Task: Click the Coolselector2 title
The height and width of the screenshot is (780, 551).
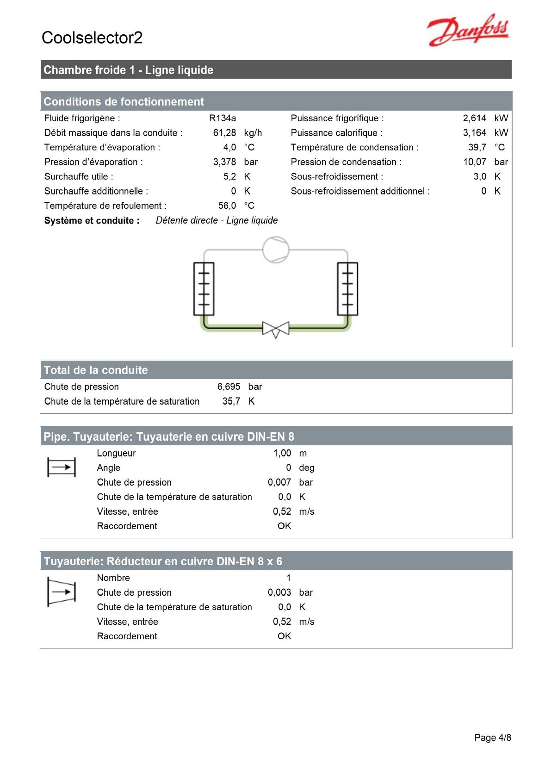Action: click(92, 37)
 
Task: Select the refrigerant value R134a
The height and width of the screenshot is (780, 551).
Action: click(222, 118)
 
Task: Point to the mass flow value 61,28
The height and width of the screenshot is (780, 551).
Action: click(224, 133)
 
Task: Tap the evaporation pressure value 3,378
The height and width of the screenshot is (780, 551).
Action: click(224, 162)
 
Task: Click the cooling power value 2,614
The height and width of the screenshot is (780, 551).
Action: click(474, 118)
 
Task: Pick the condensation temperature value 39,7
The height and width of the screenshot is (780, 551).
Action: click(477, 147)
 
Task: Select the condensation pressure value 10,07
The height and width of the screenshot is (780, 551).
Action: click(475, 162)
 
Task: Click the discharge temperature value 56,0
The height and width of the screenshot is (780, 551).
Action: click(227, 206)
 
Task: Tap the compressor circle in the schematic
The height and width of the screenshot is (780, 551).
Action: click(276, 250)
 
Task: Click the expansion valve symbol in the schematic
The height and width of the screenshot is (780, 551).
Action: click(276, 329)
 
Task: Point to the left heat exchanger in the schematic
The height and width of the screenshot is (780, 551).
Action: click(204, 289)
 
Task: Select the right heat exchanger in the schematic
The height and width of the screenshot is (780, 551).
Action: click(347, 289)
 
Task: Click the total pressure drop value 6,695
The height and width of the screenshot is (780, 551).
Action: click(229, 387)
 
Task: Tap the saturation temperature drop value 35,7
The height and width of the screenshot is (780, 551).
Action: click(231, 401)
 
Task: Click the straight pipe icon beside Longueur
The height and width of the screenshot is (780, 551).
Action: click(62, 467)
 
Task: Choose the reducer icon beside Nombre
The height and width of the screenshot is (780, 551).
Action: click(62, 592)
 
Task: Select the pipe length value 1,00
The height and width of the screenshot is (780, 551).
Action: click(282, 453)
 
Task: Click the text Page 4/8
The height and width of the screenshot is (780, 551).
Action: click(493, 738)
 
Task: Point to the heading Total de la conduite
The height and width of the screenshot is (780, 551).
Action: click(96, 370)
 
